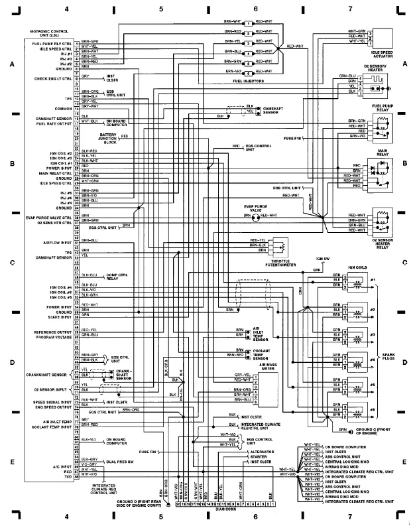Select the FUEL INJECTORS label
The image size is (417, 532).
248,81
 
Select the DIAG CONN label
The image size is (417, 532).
225,510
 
